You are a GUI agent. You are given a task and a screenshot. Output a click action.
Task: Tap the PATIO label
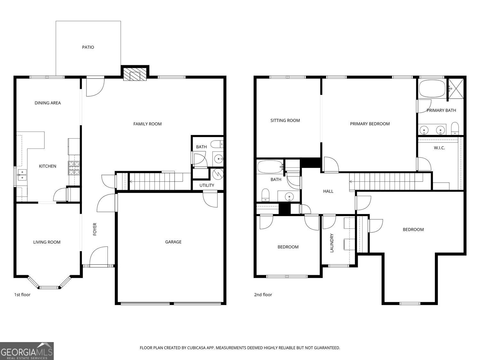(x=88, y=47)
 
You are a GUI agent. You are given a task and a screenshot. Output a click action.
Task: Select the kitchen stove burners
(x=74, y=168)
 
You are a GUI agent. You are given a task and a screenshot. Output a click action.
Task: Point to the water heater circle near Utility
(x=218, y=174)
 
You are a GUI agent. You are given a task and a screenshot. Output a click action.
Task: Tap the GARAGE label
(x=173, y=242)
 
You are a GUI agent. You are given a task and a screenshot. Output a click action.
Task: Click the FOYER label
(x=95, y=229)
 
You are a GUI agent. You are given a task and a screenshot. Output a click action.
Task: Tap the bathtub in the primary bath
(x=432, y=89)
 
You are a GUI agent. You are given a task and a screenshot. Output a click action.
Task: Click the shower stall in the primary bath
(x=456, y=89)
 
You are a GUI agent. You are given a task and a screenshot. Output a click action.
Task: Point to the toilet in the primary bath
(x=455, y=129)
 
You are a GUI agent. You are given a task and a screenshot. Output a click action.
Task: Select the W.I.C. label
(x=439, y=148)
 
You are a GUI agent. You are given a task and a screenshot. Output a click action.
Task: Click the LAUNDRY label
(x=332, y=243)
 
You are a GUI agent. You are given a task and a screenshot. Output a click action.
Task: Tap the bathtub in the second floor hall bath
(x=270, y=166)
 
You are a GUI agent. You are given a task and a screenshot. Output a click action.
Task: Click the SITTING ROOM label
(x=285, y=121)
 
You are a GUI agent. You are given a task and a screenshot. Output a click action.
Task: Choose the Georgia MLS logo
(x=27, y=351)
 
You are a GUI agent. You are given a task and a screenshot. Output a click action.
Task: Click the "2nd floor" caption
(x=263, y=295)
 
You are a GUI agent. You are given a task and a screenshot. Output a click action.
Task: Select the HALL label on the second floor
(x=328, y=191)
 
